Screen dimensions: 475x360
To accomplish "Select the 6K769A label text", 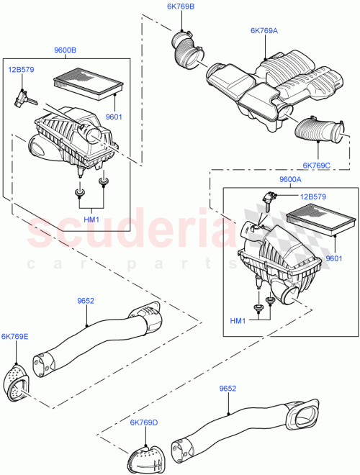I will point(264,31).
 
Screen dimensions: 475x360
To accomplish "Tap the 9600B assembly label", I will point(66,50).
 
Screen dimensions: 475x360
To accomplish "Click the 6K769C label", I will point(318,165).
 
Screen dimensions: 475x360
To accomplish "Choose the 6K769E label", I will point(14,336).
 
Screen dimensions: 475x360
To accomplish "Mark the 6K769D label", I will point(145,422).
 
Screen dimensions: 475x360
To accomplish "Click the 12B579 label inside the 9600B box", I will point(21,70).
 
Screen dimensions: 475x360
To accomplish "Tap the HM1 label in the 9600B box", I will point(91,219).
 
